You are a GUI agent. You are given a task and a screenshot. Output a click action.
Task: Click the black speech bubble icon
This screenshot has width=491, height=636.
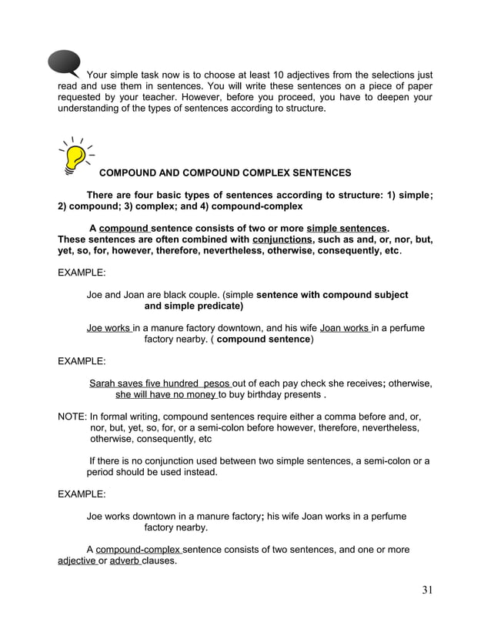click(64, 64)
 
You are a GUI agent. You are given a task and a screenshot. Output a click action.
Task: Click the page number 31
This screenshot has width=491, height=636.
click(429, 591)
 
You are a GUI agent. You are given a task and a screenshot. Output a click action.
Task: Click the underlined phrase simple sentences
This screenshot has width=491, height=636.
click(346, 229)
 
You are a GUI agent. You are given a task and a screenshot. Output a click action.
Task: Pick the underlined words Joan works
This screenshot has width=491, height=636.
click(344, 328)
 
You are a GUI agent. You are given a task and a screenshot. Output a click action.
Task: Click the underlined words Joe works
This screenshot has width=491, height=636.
click(109, 328)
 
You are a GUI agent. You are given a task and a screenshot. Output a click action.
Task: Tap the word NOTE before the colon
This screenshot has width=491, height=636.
click(72, 417)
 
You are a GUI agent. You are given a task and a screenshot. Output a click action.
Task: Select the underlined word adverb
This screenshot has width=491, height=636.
click(125, 561)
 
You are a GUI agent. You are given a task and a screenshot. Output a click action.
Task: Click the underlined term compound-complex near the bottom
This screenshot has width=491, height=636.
click(138, 550)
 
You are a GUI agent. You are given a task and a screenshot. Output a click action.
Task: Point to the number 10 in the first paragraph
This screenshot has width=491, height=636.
click(280, 75)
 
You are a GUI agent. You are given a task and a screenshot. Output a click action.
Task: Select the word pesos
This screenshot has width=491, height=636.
click(215, 383)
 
